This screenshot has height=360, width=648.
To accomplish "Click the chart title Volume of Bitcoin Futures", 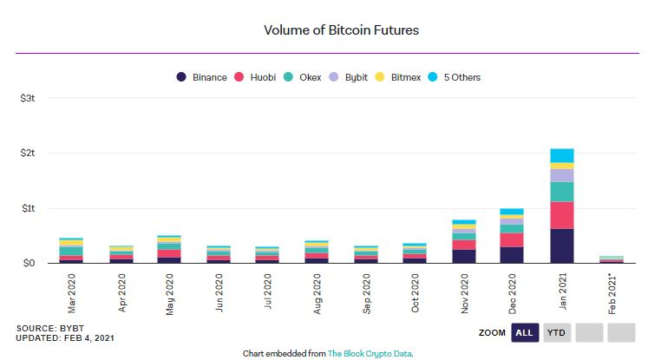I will (341, 30).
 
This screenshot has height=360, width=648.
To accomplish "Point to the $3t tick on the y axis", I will (27, 98).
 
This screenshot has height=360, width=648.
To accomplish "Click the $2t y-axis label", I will (27, 153).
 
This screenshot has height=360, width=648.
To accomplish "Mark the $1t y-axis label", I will (27, 208).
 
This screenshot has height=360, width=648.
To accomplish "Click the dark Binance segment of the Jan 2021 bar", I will (562, 245).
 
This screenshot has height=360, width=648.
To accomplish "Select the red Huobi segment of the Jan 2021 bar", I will (562, 215).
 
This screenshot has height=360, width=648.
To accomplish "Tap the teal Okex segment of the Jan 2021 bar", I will (562, 192).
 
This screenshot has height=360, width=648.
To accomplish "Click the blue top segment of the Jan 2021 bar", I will (562, 155).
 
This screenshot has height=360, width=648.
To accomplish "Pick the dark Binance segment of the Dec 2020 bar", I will (512, 254).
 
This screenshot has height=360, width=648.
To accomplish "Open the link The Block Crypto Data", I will (369, 353).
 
